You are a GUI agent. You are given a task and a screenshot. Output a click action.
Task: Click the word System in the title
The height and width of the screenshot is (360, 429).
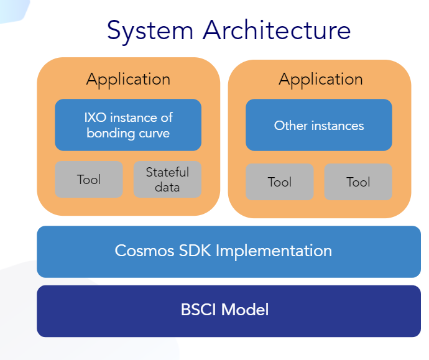click(x=150, y=32)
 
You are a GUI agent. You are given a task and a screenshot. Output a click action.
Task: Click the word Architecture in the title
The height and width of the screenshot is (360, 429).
click(x=277, y=30)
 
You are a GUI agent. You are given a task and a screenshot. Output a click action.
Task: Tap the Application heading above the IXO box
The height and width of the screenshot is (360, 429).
click(x=128, y=80)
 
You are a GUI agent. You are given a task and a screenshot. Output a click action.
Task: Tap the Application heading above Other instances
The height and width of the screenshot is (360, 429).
click(x=321, y=80)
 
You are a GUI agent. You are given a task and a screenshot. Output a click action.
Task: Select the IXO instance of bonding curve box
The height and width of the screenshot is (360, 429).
click(x=128, y=125)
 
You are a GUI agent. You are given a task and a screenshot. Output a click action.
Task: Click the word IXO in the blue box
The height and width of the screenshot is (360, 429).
click(x=95, y=118)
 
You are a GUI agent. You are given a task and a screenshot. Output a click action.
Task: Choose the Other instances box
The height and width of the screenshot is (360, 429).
click(x=319, y=125)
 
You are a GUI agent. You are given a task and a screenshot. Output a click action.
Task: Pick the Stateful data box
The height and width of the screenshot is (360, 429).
click(x=167, y=180)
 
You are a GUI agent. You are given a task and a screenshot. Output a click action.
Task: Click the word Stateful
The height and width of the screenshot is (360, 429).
click(x=167, y=172)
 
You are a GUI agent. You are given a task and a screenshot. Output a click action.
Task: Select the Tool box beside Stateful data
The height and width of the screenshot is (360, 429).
click(x=89, y=180)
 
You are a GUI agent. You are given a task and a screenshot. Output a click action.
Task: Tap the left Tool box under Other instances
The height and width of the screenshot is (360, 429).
click(x=280, y=182)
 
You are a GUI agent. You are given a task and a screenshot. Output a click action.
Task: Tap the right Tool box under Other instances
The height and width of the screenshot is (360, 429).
click(x=358, y=182)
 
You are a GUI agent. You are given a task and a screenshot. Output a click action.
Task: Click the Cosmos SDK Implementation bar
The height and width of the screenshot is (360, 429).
click(x=229, y=252)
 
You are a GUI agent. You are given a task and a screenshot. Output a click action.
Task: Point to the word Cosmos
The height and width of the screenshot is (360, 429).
click(x=144, y=251)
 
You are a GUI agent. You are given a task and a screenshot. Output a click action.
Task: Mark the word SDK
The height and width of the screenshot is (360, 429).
click(x=195, y=251)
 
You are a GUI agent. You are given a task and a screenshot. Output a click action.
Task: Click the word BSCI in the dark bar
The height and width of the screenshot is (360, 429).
click(x=198, y=310)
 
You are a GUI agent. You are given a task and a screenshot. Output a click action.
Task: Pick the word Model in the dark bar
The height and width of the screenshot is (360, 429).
click(x=245, y=310)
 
